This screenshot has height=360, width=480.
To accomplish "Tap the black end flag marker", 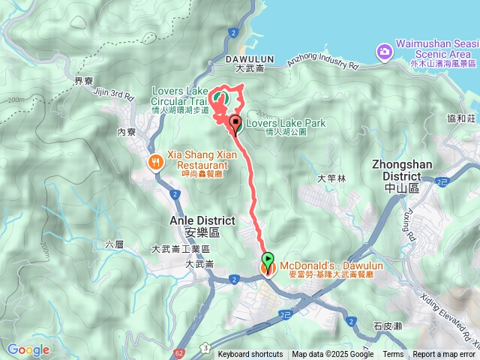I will coord(235,123).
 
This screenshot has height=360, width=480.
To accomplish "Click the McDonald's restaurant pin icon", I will coord(267,268).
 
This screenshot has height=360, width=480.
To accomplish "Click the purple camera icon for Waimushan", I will coord(384,51).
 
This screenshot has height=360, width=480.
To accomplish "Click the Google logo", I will coord(28,349).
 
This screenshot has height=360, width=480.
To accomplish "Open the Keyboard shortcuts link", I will coord(250,355).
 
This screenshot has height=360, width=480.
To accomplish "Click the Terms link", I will coord(393,355).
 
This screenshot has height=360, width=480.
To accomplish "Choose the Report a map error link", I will coord(444,355).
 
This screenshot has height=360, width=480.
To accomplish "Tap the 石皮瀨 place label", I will coord(388,326).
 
